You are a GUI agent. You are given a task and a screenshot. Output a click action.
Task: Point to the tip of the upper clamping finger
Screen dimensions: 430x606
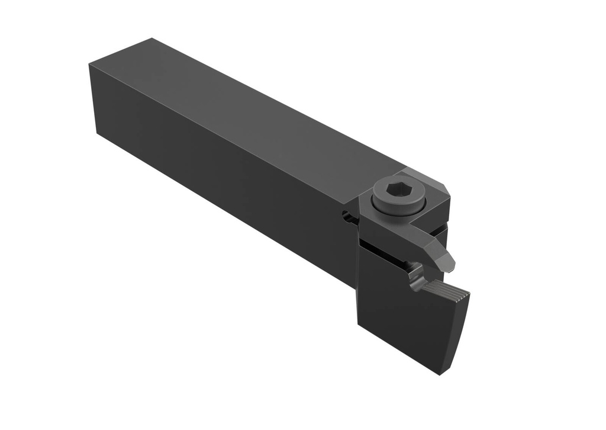coord(450,261)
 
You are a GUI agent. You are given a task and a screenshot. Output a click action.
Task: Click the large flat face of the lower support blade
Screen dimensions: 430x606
coord(402,320)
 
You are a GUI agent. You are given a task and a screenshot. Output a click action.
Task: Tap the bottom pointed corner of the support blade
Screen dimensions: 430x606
coord(440,373)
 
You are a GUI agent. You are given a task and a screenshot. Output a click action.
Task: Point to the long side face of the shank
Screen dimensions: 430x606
coord(225,178)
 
